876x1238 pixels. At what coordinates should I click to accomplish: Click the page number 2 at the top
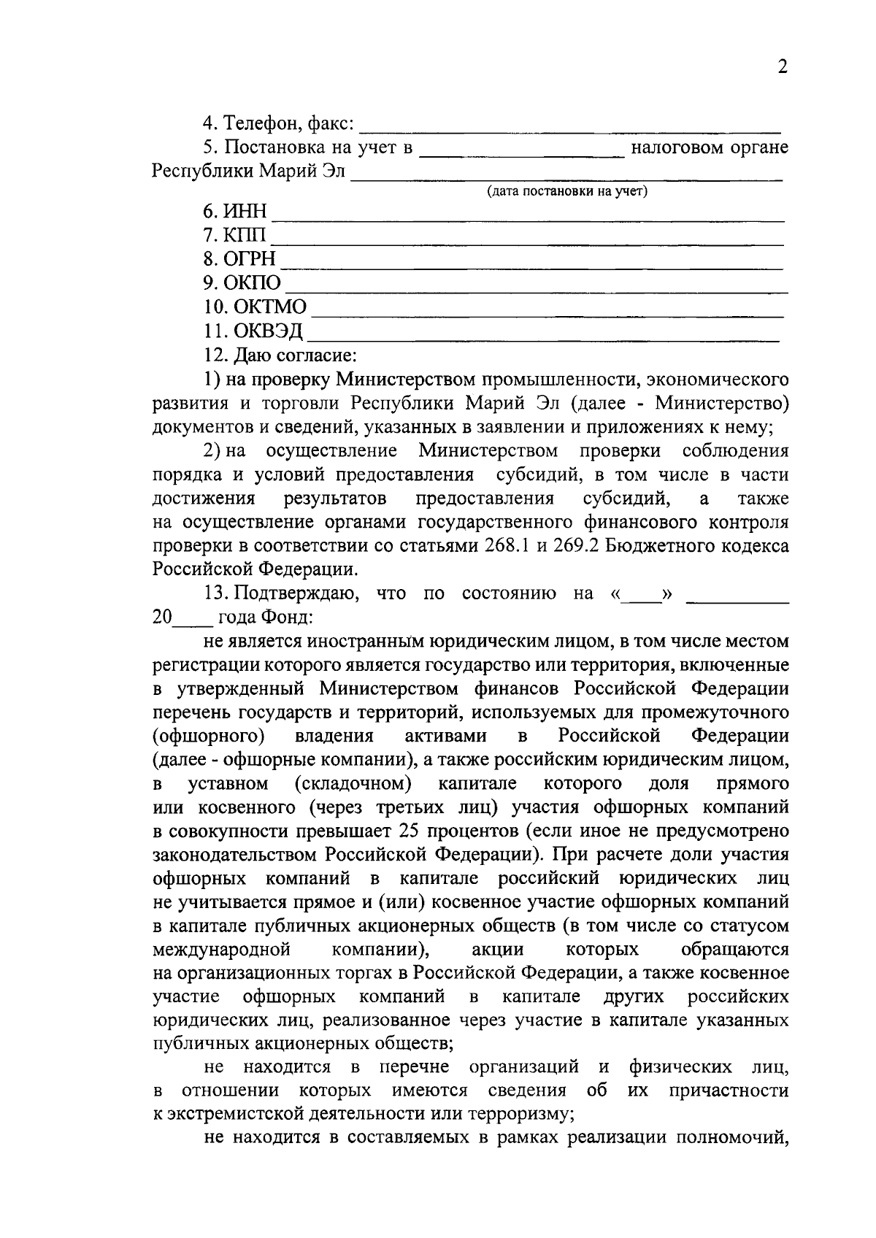pos(783,68)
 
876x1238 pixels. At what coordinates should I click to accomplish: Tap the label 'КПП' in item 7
pos(245,237)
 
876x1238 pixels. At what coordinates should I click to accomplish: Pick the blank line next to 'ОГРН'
pos(532,261)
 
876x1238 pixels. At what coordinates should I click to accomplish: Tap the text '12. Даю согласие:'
pos(280,355)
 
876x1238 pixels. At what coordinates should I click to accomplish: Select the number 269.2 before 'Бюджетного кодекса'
pos(580,547)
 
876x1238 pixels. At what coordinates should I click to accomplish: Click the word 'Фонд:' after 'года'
pos(288,618)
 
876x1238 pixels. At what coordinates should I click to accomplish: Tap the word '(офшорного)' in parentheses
pos(209,736)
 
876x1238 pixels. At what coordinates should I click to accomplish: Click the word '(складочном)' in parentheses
pos(353,784)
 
